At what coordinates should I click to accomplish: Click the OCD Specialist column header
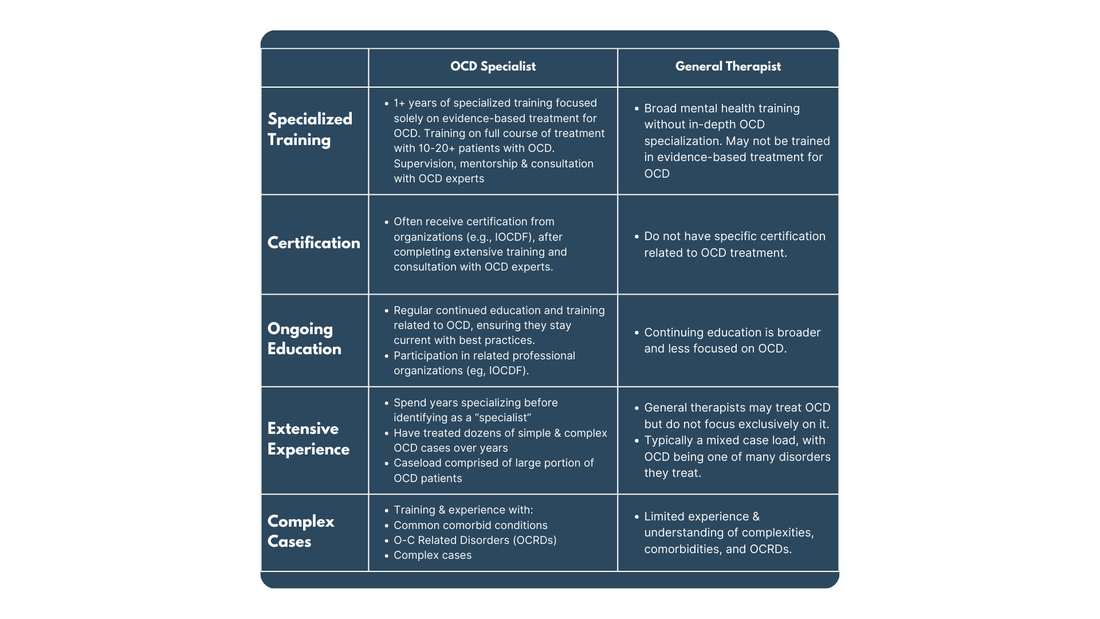[493, 66]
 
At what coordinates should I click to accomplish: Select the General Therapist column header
[728, 66]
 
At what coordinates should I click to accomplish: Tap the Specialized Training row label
[309, 129]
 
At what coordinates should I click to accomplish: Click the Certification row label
[313, 243]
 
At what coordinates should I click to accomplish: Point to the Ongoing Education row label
[304, 339]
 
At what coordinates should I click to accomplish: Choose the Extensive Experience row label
[308, 439]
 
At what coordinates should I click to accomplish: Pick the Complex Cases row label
[300, 531]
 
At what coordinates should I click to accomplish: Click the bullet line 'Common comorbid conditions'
[470, 526]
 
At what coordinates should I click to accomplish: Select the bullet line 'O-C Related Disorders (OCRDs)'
[474, 540]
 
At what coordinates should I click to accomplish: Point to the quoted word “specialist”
[503, 418]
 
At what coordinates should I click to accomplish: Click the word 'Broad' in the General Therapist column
[659, 108]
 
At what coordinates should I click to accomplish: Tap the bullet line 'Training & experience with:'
[463, 510]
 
